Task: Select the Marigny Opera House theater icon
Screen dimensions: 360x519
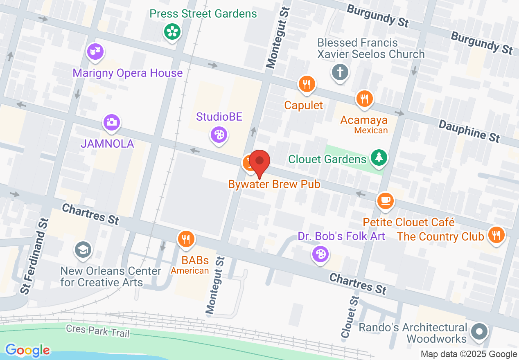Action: tap(95, 52)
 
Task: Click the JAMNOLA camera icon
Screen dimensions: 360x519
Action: tap(111, 122)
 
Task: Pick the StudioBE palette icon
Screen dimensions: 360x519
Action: tap(219, 134)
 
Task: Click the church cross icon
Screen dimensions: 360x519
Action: tap(340, 73)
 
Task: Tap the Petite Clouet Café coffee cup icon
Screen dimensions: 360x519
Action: tap(385, 200)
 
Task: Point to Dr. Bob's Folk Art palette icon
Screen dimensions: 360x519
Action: tap(320, 254)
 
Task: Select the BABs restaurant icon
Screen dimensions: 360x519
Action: tap(186, 238)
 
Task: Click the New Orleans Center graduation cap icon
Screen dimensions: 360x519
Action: tap(82, 249)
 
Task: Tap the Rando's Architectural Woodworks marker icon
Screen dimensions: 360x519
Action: tap(480, 331)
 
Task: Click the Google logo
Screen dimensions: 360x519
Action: tap(27, 350)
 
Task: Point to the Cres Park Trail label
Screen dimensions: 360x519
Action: tap(98, 331)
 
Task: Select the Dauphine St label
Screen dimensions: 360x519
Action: tap(469, 130)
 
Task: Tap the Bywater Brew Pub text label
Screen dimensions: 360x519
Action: tap(274, 184)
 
